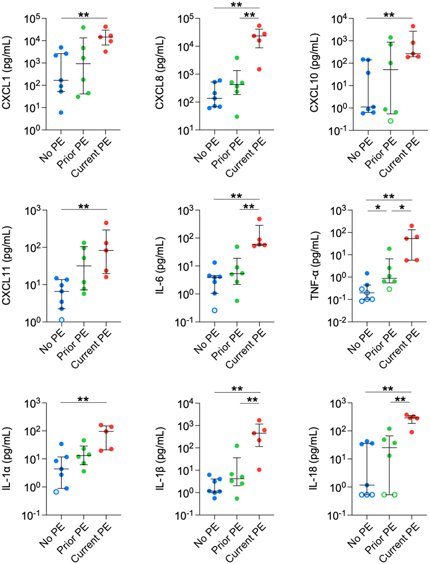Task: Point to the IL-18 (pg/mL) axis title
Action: (315, 459)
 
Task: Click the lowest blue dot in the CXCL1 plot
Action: (61, 113)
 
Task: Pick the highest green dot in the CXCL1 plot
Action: (83, 27)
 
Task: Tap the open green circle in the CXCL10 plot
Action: (391, 121)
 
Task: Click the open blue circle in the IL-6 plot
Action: (215, 310)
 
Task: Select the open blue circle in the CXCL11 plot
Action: (62, 320)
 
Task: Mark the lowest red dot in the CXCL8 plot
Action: (259, 69)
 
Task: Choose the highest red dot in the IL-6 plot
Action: (259, 219)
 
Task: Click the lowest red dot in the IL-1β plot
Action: (259, 470)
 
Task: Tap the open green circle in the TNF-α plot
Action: (389, 289)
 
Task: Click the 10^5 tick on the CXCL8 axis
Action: (186, 19)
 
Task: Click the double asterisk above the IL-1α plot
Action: (83, 399)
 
